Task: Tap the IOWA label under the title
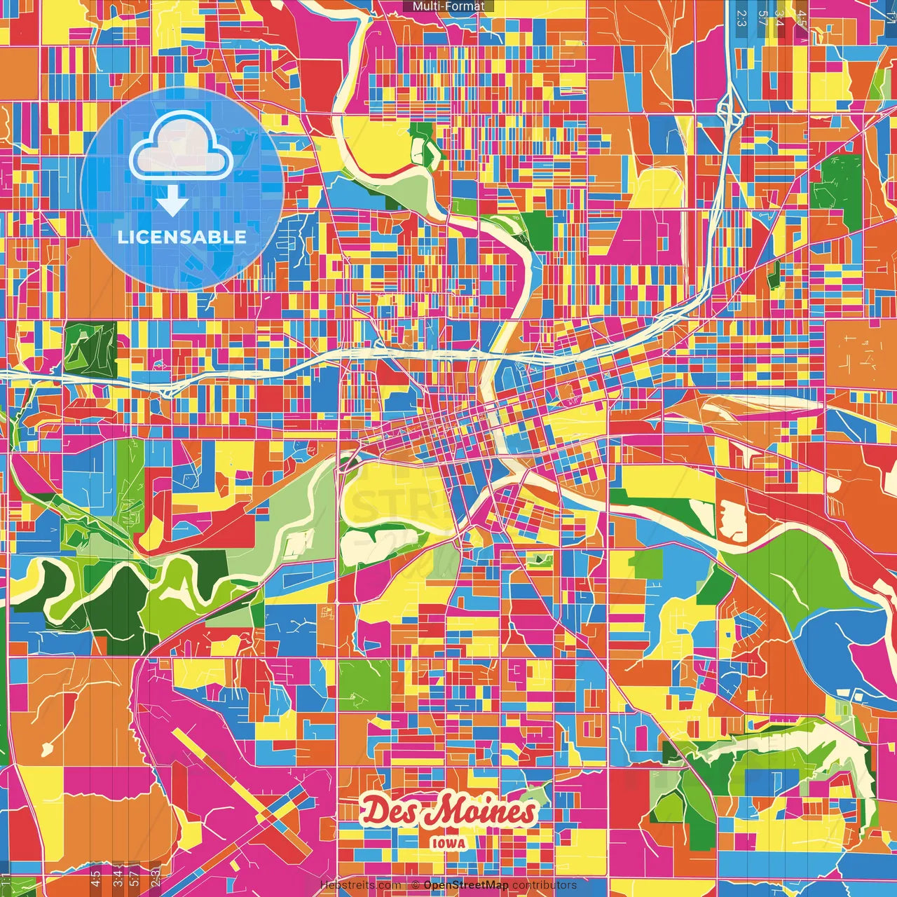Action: (x=448, y=843)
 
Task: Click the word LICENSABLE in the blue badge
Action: (x=182, y=237)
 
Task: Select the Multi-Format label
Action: (x=448, y=6)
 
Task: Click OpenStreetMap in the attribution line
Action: (x=465, y=885)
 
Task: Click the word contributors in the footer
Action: (x=545, y=885)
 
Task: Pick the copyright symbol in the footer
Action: (x=416, y=885)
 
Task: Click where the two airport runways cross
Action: (x=270, y=816)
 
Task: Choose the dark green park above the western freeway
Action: (x=90, y=347)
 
